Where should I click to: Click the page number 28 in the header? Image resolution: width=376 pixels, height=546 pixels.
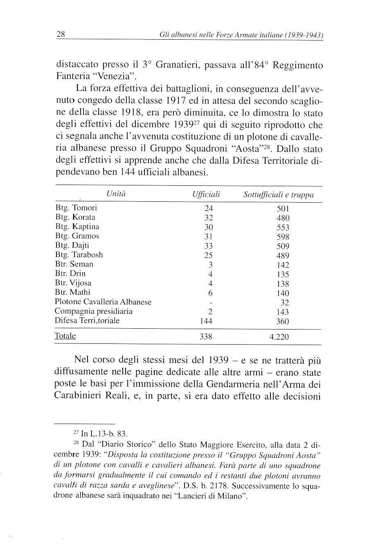(x=61, y=34)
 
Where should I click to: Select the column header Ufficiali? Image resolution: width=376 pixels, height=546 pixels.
(x=206, y=195)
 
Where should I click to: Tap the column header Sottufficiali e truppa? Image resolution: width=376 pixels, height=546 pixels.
(x=278, y=195)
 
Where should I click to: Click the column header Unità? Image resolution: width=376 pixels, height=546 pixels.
(x=116, y=194)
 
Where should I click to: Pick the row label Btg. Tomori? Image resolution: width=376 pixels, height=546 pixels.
(x=76, y=208)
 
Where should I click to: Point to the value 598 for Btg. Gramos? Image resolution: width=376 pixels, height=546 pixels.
(x=283, y=237)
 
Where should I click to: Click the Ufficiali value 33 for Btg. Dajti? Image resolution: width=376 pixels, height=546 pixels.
(x=209, y=246)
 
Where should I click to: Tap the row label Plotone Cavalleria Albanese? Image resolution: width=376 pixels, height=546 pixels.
(x=103, y=302)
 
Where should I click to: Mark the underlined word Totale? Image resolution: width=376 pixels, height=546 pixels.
(x=65, y=336)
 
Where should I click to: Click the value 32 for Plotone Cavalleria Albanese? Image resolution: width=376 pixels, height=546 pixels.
(x=285, y=303)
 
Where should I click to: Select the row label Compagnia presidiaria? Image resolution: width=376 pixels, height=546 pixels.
(x=94, y=311)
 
